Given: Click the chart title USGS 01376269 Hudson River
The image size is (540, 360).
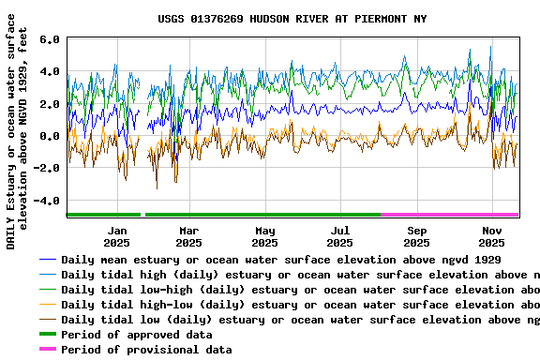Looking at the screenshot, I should point(292,19).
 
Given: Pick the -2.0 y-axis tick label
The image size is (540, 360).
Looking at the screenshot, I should point(48,169).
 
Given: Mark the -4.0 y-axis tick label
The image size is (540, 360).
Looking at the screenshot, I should point(48,201).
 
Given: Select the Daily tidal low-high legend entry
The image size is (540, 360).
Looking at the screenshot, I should point(300,290).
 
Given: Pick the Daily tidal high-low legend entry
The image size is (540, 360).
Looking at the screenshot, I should point(300,305).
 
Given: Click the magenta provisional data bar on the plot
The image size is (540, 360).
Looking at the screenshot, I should point(450,215).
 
